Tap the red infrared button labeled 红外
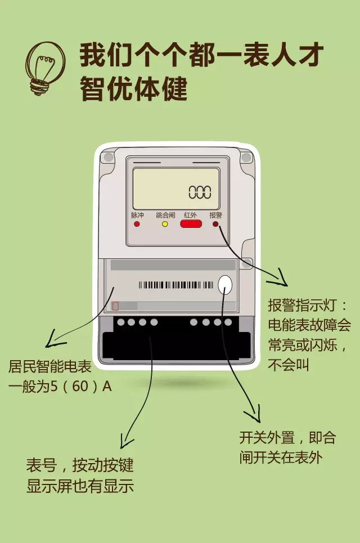click(x=191, y=224)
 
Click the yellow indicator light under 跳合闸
click(x=165, y=224)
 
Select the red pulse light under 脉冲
click(x=137, y=224)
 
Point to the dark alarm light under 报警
click(x=215, y=224)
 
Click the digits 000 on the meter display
click(x=200, y=192)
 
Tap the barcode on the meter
click(x=176, y=285)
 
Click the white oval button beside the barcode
click(x=225, y=285)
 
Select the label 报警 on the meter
click(x=215, y=215)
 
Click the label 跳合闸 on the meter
click(x=165, y=215)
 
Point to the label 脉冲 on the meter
click(x=137, y=215)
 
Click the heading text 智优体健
click(x=134, y=89)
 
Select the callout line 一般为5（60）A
click(x=60, y=387)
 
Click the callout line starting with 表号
click(x=79, y=466)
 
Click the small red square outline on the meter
click(x=115, y=306)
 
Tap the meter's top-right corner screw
click(x=245, y=158)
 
